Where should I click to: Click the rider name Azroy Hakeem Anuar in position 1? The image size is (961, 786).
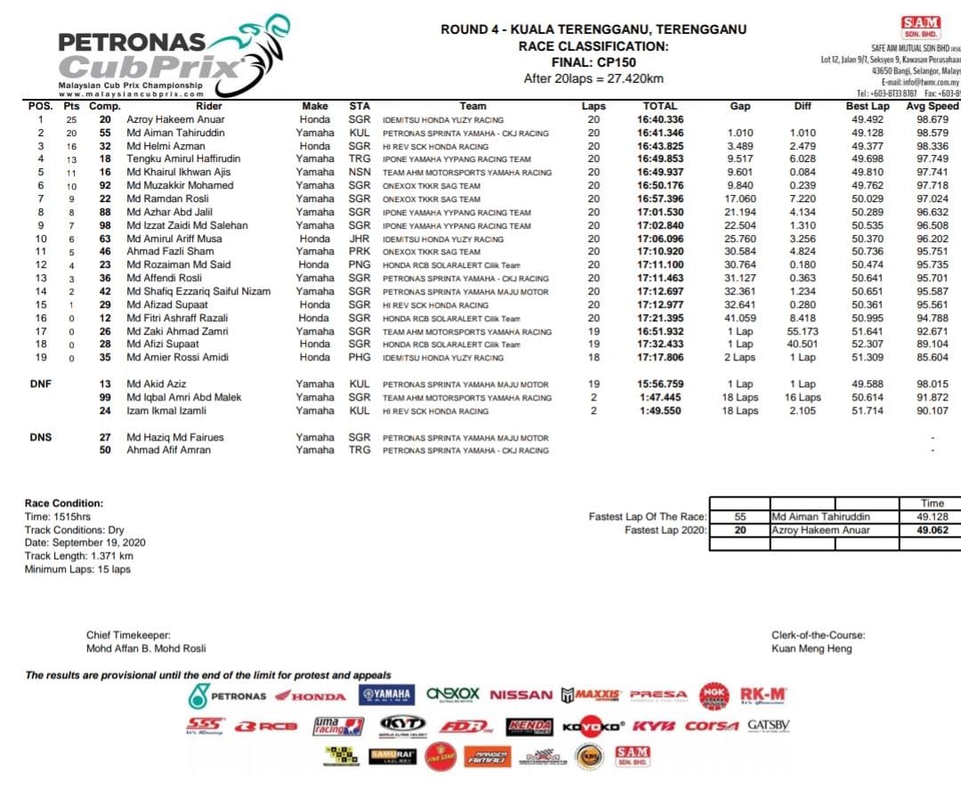coord(175,119)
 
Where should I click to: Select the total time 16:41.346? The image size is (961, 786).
coord(659,133)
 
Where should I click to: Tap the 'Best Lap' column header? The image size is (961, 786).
coord(867,106)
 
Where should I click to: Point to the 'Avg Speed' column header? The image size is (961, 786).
coord(932,106)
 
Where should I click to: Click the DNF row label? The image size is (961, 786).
coord(40,385)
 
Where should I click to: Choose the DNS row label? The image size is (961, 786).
coord(40,437)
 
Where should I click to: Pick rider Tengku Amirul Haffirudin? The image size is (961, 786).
coord(183,158)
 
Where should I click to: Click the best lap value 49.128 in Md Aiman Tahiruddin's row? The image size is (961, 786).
coord(868,133)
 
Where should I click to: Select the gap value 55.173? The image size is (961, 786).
coord(803,331)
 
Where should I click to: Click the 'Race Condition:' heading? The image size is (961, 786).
coord(64,504)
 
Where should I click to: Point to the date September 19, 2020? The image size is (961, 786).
coord(85,542)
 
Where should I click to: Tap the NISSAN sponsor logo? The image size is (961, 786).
coord(521,695)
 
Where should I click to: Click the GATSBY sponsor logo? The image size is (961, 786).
coord(768,725)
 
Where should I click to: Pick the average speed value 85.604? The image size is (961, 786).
coord(932,358)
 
